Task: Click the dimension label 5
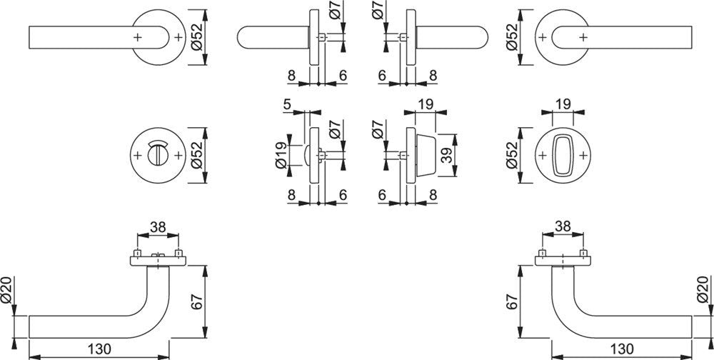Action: coord(287,105)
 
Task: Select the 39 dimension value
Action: coord(447,155)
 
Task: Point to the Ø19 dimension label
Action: coord(281,155)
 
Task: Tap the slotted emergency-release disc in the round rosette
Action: coord(157,153)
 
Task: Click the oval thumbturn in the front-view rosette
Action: coord(563,155)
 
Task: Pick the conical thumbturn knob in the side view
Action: coord(426,155)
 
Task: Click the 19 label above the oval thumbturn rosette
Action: coord(563,104)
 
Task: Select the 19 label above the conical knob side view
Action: coord(426,105)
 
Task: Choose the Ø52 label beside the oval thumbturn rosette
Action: coord(512,155)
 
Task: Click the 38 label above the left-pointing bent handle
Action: coord(158,227)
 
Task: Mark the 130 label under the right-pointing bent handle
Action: coord(622,349)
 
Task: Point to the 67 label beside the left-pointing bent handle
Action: coord(197,301)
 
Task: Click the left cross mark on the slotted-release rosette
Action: coord(138,156)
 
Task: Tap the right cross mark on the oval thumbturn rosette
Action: coord(583,156)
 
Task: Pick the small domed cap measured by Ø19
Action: coord(306,156)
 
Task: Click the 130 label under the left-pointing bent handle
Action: coord(99,349)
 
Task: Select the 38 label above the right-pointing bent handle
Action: coord(563,227)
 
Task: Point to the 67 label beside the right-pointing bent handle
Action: coord(512,301)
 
